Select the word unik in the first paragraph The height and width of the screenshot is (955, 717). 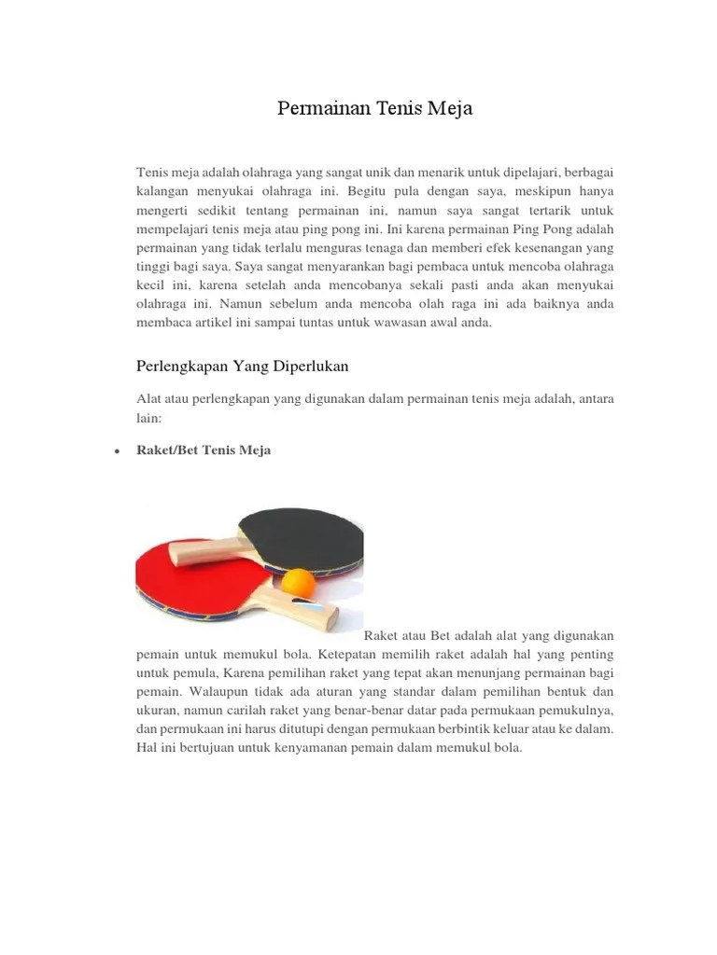coord(360,173)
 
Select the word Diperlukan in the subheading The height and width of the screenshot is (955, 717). coord(304,365)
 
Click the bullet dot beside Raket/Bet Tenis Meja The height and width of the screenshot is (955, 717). coord(115,451)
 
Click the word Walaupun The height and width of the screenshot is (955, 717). coord(218,691)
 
